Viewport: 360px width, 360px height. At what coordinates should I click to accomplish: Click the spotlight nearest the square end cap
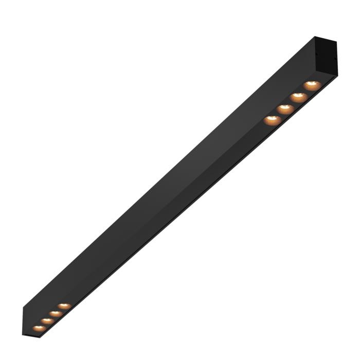pyautogui.click(x=312, y=85)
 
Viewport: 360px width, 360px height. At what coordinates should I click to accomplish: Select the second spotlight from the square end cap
pyautogui.click(x=298, y=97)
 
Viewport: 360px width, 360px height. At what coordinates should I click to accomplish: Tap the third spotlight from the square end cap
pyautogui.click(x=285, y=109)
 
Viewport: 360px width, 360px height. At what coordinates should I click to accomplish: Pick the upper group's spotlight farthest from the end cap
pyautogui.click(x=273, y=120)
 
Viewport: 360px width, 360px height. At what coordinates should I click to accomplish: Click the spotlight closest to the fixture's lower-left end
pyautogui.click(x=38, y=328)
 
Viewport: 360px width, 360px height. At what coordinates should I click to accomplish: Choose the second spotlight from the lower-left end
pyautogui.click(x=47, y=320)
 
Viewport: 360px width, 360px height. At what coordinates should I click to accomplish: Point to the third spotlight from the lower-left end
pyautogui.click(x=56, y=313)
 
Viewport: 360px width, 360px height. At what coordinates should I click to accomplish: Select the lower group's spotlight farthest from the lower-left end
pyautogui.click(x=64, y=306)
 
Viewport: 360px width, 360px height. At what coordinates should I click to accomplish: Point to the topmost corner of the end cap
pyautogui.click(x=315, y=37)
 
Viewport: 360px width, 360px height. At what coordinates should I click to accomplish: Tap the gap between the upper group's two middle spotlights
pyautogui.click(x=292, y=103)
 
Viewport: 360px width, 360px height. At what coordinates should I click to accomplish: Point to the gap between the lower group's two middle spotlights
pyautogui.click(x=51, y=317)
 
